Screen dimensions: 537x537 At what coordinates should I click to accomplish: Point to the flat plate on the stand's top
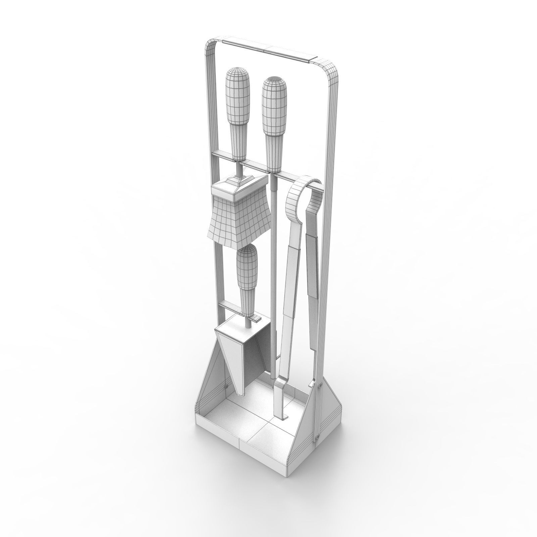tap(268, 49)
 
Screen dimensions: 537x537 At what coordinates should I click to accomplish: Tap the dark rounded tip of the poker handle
tap(274, 82)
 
